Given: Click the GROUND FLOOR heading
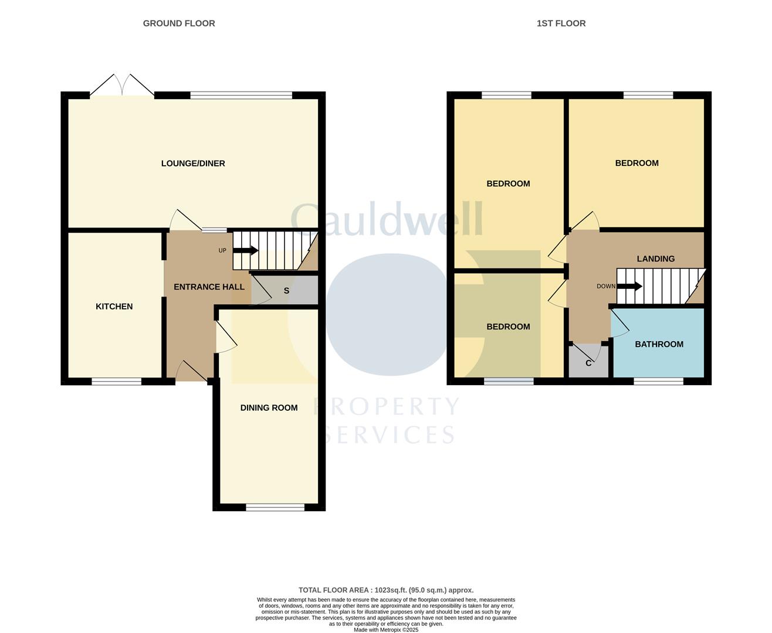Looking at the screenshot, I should point(179,23).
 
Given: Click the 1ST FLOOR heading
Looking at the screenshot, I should point(561,23).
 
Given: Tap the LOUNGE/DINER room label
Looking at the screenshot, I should point(193,164).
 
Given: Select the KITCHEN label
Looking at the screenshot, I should point(114,307).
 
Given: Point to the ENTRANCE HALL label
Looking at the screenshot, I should point(209,287).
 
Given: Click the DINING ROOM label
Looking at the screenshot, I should point(269,408).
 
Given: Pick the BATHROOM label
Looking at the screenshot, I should point(659,344).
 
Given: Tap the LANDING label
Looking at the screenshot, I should point(656,258).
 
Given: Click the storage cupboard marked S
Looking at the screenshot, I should point(286,291).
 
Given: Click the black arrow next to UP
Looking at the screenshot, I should point(246,251).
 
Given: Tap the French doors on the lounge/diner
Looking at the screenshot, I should point(122,86).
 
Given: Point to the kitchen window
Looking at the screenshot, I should point(116,382).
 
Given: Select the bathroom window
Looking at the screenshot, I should point(658,382).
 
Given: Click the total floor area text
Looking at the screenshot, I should point(386,590).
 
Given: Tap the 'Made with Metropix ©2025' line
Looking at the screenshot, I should point(386,629).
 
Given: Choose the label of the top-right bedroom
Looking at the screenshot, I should point(636,164).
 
